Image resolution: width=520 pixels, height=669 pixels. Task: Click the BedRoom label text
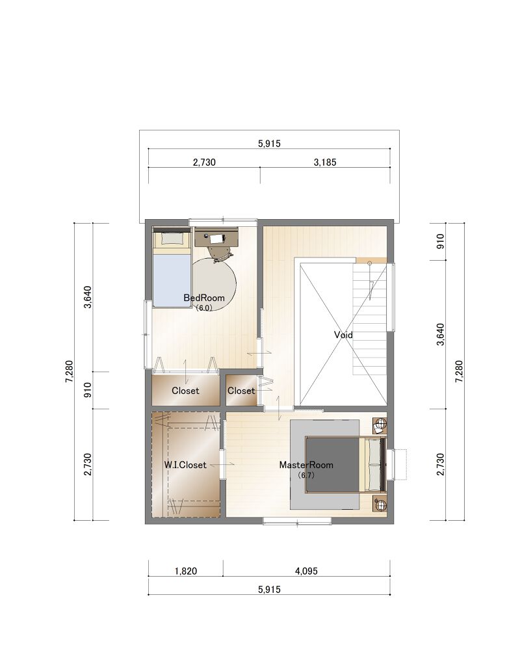[204, 298]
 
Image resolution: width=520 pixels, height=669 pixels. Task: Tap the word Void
[343, 335]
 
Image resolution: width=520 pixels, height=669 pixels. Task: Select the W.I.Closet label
[185, 465]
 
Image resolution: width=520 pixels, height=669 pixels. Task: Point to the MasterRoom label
[306, 465]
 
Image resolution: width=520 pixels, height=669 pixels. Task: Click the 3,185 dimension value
[325, 162]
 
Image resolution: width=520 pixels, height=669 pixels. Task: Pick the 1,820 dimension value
[186, 571]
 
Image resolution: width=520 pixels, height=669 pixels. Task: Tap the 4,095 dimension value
[306, 571]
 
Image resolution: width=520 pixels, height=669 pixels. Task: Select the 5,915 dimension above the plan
[269, 144]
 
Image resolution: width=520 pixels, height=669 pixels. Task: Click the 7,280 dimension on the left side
[70, 372]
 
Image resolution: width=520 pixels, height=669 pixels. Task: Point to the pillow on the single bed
[171, 239]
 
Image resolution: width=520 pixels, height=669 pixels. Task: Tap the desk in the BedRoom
[216, 237]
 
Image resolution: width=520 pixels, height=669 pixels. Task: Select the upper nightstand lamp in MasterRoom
[380, 425]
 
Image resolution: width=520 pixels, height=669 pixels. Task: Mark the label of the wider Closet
[185, 391]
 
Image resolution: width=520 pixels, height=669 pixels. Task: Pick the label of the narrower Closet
[241, 391]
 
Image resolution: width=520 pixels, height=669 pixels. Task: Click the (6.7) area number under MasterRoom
[306, 475]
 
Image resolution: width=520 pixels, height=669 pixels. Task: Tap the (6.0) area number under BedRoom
[204, 308]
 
